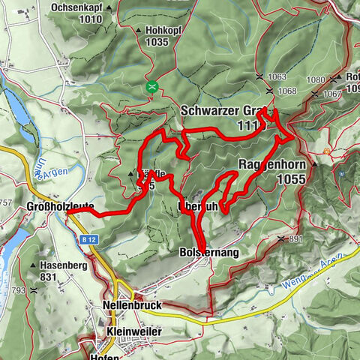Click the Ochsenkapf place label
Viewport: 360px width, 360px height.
click(76, 8)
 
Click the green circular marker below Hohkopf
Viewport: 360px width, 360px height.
click(152, 87)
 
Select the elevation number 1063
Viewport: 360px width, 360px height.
click(276, 77)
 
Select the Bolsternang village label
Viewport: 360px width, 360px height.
click(209, 253)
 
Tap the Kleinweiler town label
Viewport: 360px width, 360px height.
click(133, 331)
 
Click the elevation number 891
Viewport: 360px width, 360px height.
click(295, 239)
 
